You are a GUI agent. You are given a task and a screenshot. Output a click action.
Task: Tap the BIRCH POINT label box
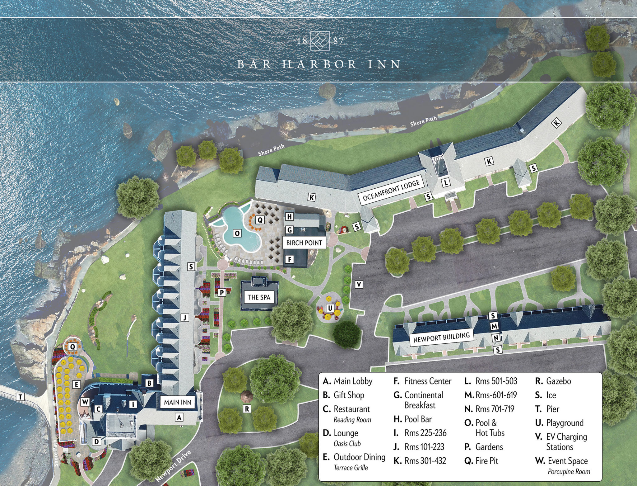pos(304,243)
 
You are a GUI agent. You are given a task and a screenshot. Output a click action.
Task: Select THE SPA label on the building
pos(259,297)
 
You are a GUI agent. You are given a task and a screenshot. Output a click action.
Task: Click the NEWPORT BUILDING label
pos(441,337)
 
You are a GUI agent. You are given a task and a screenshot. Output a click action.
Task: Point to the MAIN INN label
pos(178,402)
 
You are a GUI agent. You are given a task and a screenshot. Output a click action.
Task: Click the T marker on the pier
pos(21,397)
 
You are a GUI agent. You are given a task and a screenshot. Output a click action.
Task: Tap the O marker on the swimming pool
pos(237,233)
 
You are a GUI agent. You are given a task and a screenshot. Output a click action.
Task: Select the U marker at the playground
pos(330,308)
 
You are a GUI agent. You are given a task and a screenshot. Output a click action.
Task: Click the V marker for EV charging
pos(359,284)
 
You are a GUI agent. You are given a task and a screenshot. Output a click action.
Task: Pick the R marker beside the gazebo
pos(247,409)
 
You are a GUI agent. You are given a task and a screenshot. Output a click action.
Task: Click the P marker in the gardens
pos(222,293)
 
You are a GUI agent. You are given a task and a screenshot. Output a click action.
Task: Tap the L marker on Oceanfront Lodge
pos(446,182)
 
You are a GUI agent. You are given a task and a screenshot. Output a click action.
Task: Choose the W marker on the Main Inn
pos(85,402)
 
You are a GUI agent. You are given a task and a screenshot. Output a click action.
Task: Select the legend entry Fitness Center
pos(427,381)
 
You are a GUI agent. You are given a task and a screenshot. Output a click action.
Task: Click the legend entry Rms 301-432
pos(425,461)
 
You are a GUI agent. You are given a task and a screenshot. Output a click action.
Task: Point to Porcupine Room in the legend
pos(569,472)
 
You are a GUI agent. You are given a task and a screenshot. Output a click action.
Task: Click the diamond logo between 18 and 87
pos(320,41)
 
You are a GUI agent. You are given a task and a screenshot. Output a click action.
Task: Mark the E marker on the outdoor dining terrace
pos(76,385)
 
